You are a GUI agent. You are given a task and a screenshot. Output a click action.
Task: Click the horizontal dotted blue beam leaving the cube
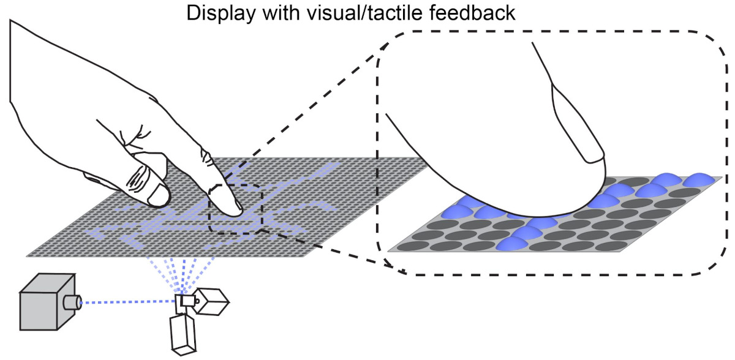coord(129,302)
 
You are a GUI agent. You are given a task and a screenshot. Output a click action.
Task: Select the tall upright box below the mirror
coord(182,334)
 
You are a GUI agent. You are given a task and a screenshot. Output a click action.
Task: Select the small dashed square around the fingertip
coord(236,209)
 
